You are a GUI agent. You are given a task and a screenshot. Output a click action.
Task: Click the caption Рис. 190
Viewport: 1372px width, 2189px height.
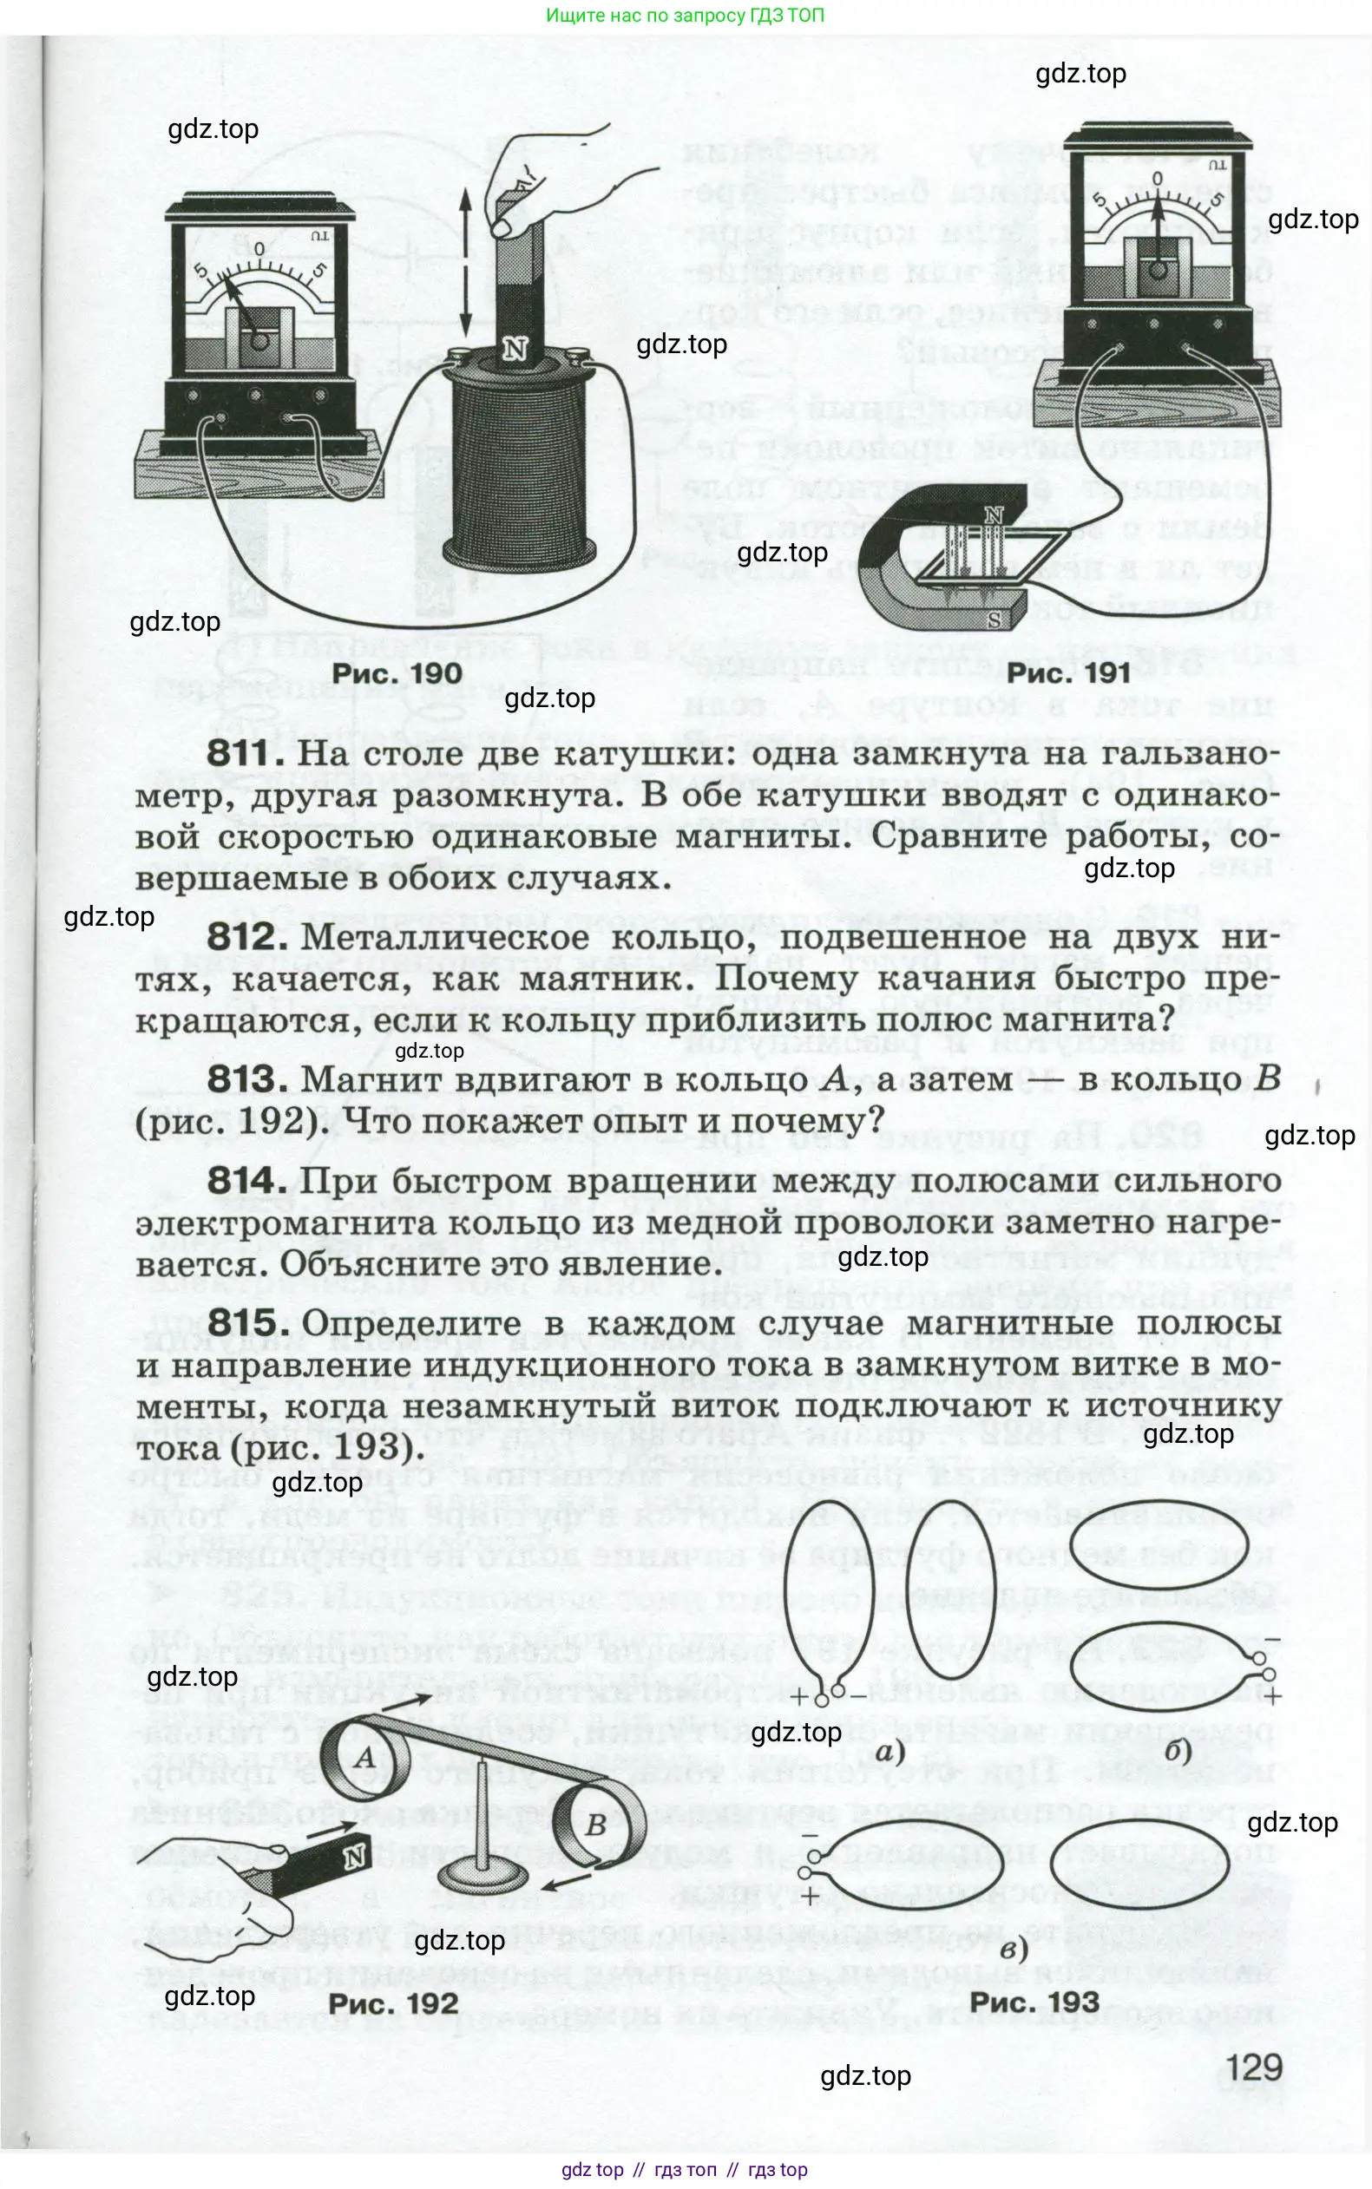point(397,673)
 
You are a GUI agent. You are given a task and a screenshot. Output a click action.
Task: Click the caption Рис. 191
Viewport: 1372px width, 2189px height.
point(1068,673)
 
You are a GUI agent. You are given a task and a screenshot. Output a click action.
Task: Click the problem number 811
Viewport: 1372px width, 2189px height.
point(239,754)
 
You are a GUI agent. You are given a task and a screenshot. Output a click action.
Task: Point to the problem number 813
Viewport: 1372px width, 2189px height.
point(240,1080)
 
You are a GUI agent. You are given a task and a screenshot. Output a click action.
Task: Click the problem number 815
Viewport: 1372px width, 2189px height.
point(240,1324)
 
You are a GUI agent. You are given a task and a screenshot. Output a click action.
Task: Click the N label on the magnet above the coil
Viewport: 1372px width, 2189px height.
point(515,349)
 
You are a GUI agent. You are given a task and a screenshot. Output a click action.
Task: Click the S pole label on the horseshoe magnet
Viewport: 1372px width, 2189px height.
point(995,621)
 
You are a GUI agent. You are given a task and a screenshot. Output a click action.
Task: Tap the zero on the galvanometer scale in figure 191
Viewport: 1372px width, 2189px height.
point(1157,179)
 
